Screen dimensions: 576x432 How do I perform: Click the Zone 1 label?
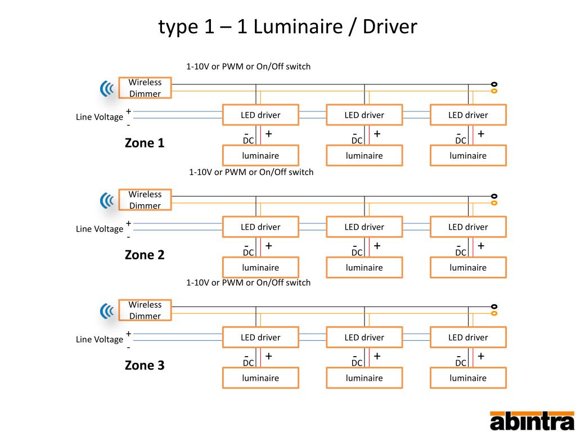(145, 143)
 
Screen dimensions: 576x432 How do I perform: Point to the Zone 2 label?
(145, 255)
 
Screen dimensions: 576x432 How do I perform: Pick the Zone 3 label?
(145, 366)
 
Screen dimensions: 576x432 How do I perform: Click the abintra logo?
(532, 421)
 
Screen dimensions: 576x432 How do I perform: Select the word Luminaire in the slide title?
(298, 27)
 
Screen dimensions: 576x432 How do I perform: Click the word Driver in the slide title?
(390, 27)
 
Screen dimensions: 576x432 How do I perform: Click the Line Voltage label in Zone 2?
(100, 229)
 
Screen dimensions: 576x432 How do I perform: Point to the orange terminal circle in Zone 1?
(494, 91)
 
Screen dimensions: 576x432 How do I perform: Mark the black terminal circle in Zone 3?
(494, 307)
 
